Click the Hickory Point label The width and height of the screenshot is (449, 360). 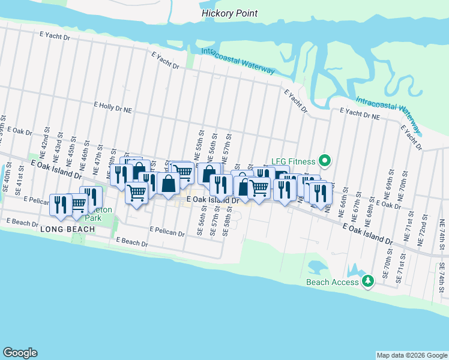click(229, 13)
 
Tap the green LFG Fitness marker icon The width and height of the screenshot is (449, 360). click(325, 160)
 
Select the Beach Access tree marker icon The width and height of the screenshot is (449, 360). click(369, 281)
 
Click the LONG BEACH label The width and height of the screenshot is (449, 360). click(59, 230)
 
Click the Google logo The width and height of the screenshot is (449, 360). click(20, 353)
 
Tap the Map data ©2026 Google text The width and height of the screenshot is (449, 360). click(411, 355)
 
